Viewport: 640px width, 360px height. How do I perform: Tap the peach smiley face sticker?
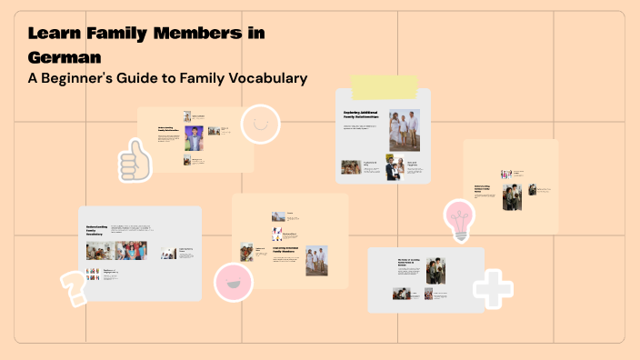coord(261,124)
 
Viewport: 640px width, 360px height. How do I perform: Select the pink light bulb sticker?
coord(459,219)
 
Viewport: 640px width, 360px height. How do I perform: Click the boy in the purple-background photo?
coord(194,138)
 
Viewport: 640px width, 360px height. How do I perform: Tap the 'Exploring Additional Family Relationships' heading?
coord(363,115)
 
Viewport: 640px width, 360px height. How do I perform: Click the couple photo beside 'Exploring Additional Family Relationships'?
coord(405,129)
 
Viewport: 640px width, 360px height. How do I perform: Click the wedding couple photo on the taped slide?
coord(394,168)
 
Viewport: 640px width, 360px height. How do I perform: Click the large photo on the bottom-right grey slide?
coord(435,270)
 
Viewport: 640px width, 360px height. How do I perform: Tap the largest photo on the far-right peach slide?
coord(513,196)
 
